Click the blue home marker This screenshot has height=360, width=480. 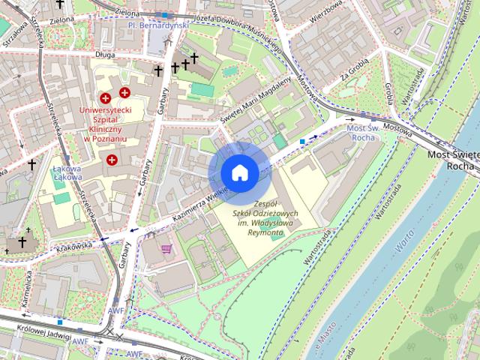click(239, 173)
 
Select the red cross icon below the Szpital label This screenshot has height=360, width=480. click(112, 160)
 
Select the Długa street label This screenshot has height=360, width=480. click(103, 54)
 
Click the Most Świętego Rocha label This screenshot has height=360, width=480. click(454, 160)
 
